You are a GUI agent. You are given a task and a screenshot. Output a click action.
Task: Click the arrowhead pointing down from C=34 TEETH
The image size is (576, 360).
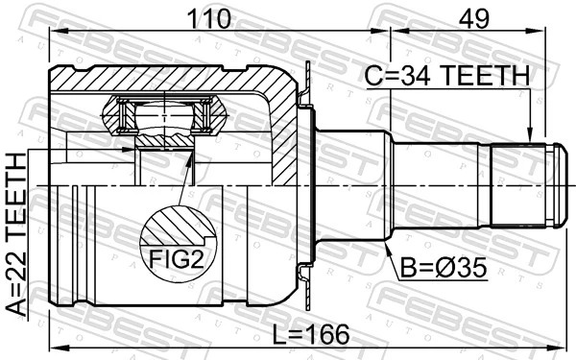[529, 137]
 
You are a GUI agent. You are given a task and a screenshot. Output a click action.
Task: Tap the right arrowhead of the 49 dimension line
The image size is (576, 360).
[547, 32]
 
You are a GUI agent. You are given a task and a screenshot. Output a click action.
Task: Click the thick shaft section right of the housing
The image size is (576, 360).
[350, 183]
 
